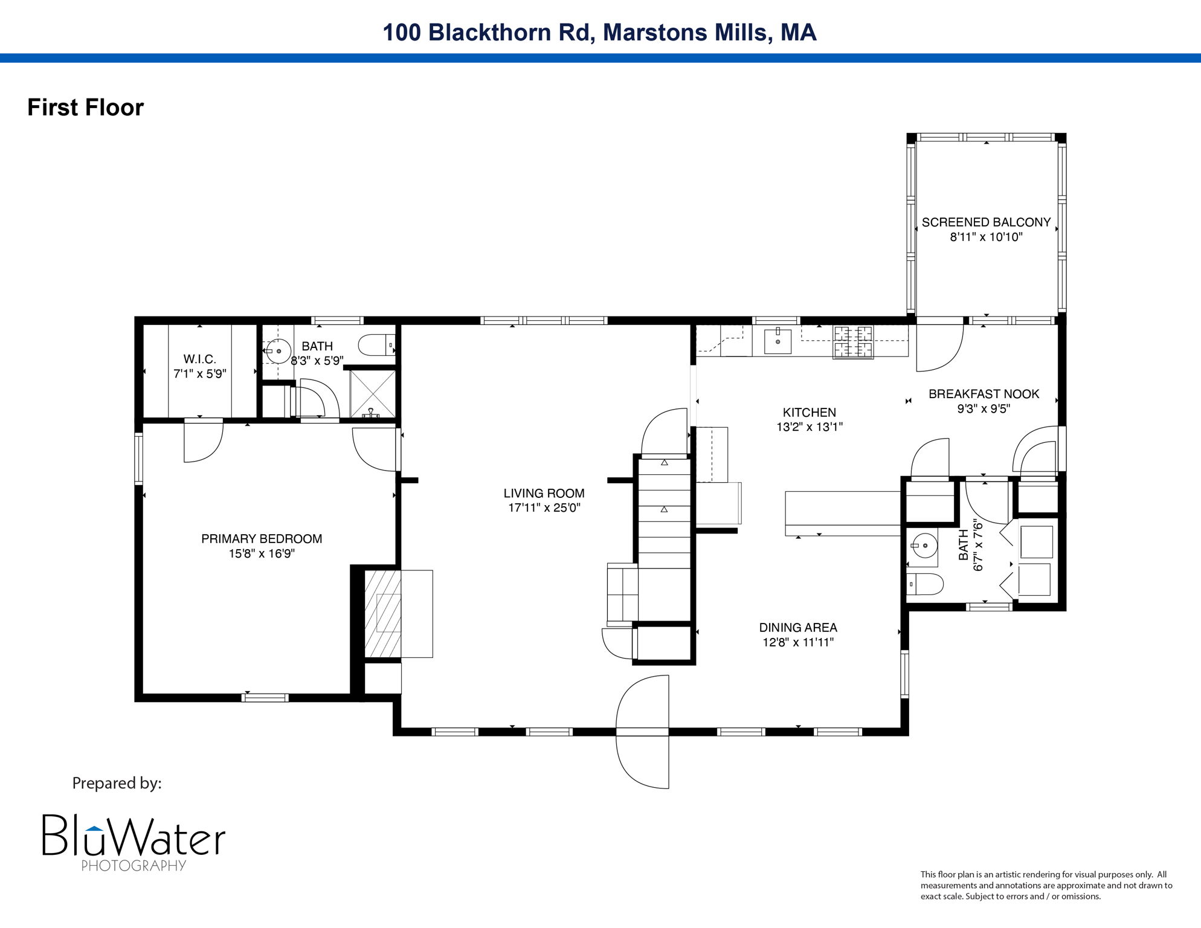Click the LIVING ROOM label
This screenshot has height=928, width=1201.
click(544, 493)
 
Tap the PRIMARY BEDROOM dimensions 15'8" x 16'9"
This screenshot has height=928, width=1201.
click(262, 553)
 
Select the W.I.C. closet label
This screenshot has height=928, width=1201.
click(199, 359)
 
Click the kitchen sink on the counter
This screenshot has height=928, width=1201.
click(778, 341)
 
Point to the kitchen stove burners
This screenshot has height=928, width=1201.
click(853, 341)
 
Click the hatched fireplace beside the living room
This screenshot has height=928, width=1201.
click(382, 613)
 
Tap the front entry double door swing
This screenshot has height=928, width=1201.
click(643, 732)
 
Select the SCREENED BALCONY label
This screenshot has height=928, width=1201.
click(986, 222)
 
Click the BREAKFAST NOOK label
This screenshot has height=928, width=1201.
click(984, 394)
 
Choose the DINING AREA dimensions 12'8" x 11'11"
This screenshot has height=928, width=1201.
click(798, 642)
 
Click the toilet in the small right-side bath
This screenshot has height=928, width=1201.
click(926, 584)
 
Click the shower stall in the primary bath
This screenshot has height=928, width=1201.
click(373, 393)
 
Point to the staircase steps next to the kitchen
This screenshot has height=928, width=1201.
click(665, 514)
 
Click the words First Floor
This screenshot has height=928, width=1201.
click(85, 108)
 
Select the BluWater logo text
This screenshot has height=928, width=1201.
click(133, 836)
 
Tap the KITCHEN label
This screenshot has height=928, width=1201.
click(809, 413)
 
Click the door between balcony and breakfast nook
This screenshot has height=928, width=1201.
click(939, 347)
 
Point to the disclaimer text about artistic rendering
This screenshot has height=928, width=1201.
click(1046, 885)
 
